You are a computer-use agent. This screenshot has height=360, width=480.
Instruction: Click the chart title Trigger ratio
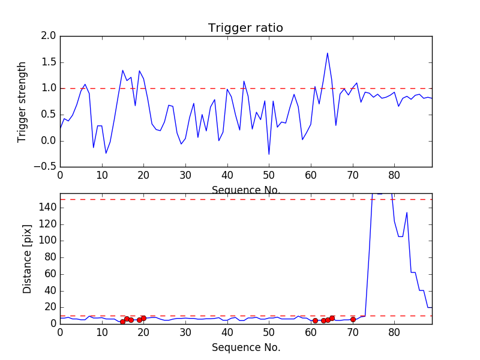click(x=245, y=28)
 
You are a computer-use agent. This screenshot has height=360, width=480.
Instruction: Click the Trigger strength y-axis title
click(x=22, y=101)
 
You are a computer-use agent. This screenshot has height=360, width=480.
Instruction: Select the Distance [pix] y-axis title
click(x=28, y=259)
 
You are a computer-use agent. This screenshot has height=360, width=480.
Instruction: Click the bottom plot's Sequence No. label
click(x=245, y=347)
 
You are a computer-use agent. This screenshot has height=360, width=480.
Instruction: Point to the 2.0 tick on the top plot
click(x=49, y=36)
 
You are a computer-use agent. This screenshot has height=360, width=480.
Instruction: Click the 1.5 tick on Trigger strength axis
click(x=49, y=62)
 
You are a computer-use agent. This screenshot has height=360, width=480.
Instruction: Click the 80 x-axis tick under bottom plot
click(x=394, y=332)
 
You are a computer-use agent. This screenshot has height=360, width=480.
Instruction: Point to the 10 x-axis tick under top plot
click(x=102, y=175)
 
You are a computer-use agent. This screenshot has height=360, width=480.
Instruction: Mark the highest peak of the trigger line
click(x=327, y=53)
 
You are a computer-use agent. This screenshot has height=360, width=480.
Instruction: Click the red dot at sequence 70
click(x=353, y=319)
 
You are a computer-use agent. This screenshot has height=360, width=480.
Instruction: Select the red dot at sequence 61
click(x=315, y=320)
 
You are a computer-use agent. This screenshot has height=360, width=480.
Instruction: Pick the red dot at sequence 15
click(x=122, y=322)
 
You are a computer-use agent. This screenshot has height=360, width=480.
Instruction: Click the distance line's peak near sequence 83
click(x=407, y=212)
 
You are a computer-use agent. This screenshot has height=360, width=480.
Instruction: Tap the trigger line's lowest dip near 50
click(x=269, y=154)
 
